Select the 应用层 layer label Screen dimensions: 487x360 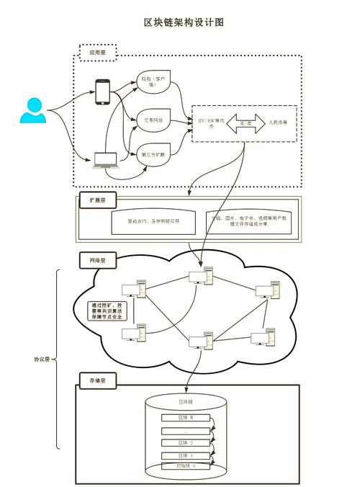tap(97, 52)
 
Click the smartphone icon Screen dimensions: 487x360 tap(103, 91)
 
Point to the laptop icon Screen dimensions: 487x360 tap(105, 160)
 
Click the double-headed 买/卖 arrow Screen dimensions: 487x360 tap(244, 123)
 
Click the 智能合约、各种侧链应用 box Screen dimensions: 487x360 tap(153, 221)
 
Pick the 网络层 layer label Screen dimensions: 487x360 tap(97, 260)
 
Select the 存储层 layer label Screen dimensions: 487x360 tap(97, 380)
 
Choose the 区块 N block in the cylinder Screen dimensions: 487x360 tap(185, 418)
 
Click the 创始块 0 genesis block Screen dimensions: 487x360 tap(185, 466)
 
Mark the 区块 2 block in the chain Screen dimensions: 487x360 tap(185, 442)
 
